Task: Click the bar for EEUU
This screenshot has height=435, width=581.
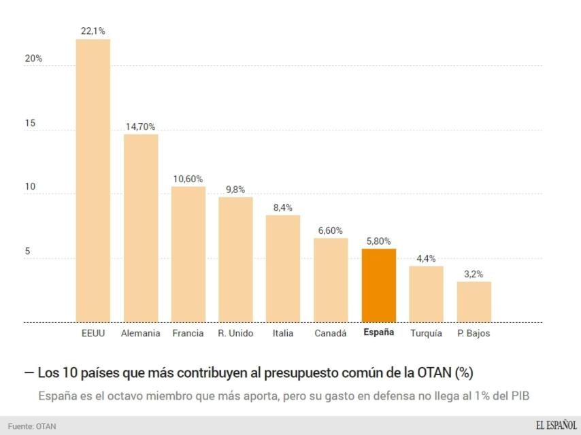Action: pos(93,180)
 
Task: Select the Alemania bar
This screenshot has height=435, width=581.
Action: pos(140,228)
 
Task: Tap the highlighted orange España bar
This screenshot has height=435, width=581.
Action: pos(378,285)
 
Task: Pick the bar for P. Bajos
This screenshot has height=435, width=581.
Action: pos(474,302)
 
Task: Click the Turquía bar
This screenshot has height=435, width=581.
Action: pos(426,294)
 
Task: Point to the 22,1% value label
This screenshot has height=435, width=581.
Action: pos(93,31)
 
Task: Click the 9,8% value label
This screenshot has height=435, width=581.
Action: pos(235,190)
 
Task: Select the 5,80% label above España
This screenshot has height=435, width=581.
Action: pos(378,241)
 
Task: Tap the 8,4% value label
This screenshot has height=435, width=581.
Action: pos(283,207)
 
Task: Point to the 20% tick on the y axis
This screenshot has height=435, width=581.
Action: pos(33,59)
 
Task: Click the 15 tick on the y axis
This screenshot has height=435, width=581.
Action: pos(29,124)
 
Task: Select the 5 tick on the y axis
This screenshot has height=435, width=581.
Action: pos(27,251)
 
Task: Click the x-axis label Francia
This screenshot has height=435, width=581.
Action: pos(188,333)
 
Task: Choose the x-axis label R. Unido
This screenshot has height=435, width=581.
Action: pos(235,333)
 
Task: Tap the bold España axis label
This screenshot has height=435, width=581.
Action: pos(378,332)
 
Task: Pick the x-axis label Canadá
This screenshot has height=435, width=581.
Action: pos(331,333)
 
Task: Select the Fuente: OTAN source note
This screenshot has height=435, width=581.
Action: pos(32,426)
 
